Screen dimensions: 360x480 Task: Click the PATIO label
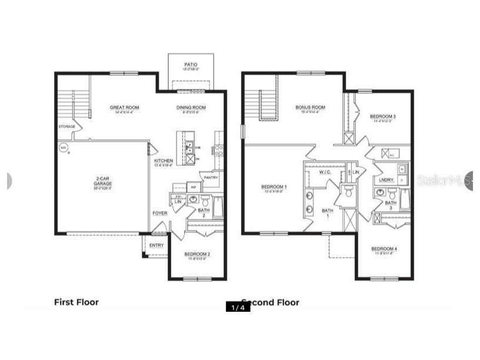click(191, 64)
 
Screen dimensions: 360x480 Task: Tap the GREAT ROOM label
click(124, 108)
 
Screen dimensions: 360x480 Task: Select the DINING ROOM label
click(191, 108)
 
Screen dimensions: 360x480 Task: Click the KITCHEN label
click(163, 161)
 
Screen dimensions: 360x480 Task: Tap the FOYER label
click(159, 213)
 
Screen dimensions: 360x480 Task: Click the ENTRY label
click(156, 245)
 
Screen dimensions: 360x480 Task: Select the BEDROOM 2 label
click(197, 255)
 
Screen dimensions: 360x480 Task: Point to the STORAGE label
click(66, 127)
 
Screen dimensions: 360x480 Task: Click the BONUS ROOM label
click(310, 108)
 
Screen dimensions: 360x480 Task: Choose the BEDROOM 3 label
click(382, 116)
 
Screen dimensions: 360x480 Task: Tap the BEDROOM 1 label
click(274, 187)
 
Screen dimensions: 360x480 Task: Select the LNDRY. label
click(386, 180)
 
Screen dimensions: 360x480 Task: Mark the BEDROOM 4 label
click(384, 249)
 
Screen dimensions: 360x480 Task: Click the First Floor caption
click(76, 302)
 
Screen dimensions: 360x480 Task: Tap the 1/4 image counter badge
click(238, 307)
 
